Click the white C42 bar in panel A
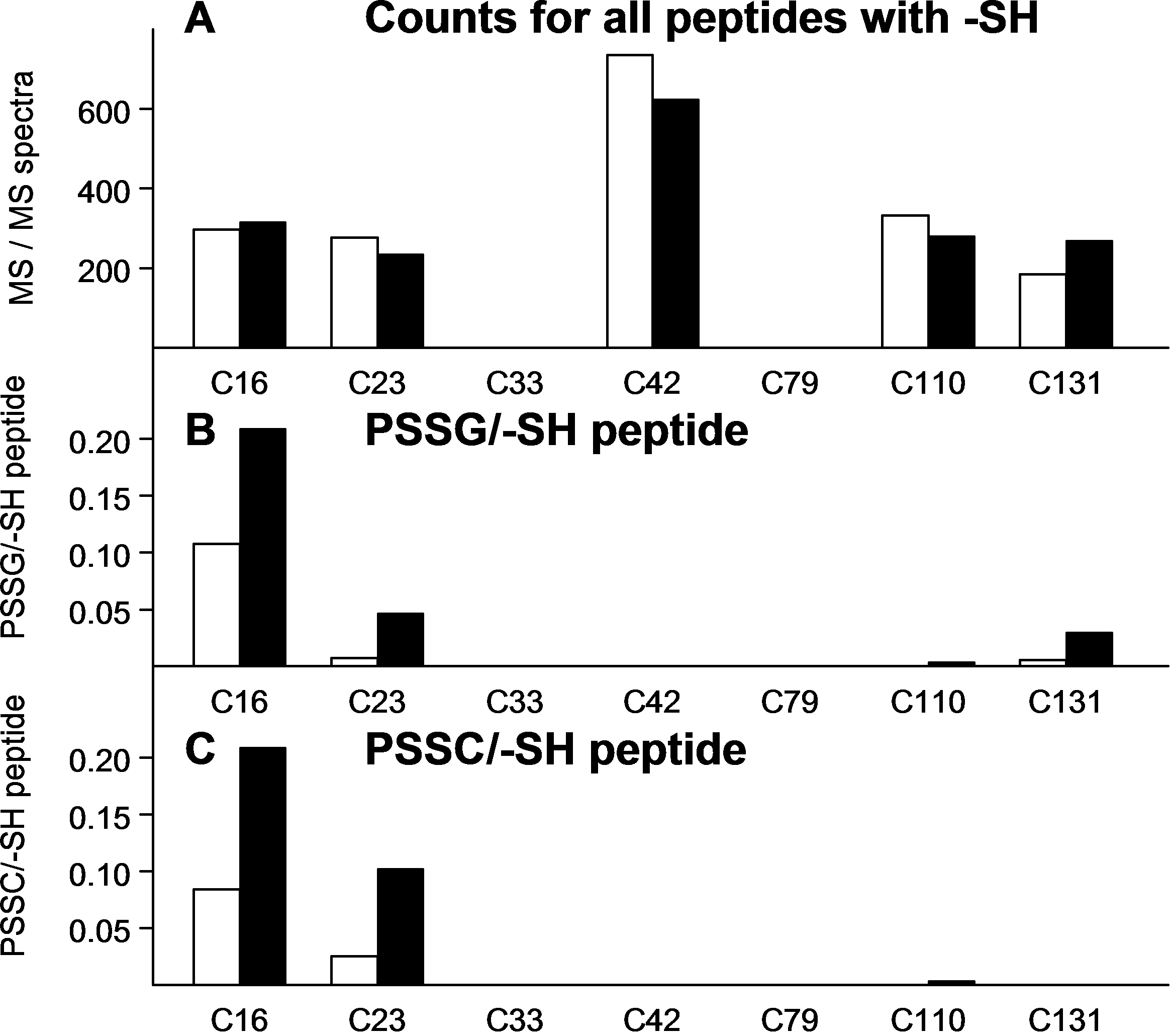point(630,201)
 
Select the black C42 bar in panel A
point(676,223)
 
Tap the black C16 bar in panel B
point(263,547)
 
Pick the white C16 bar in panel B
point(217,605)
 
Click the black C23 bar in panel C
point(401,926)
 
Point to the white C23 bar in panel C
point(354,970)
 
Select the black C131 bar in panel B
point(1089,649)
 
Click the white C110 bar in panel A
point(905,281)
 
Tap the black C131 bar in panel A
point(1089,294)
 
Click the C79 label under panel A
point(790,383)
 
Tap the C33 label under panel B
point(515,702)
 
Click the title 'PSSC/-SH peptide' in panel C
point(556,750)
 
